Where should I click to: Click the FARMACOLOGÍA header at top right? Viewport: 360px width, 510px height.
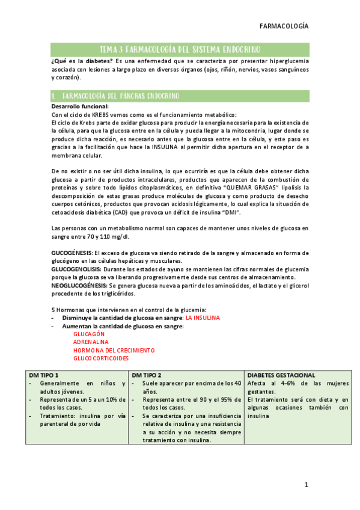[x=284, y=26]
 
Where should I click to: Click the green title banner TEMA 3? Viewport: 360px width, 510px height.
[x=180, y=49]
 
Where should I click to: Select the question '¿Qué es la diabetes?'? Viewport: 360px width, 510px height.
[x=82, y=62]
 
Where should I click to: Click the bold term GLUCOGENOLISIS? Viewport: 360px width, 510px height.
[x=75, y=270]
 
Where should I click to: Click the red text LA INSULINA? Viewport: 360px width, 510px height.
[x=203, y=318]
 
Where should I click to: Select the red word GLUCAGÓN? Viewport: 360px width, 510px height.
[x=89, y=333]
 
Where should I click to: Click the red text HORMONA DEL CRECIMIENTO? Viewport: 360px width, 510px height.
[x=114, y=350]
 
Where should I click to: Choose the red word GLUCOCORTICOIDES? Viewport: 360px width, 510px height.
[x=101, y=358]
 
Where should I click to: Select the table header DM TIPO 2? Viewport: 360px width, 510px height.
[x=146, y=375]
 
